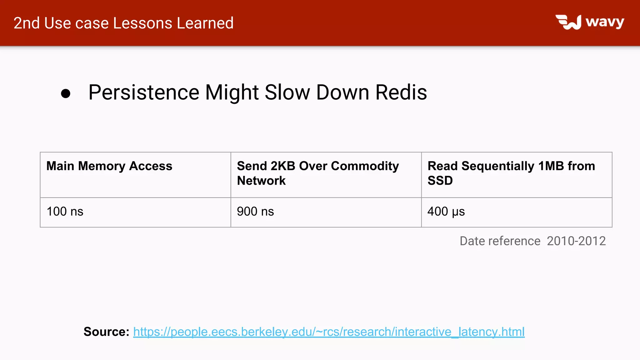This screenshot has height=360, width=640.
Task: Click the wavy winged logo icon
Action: pyautogui.click(x=568, y=22)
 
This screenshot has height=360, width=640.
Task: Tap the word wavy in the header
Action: pyautogui.click(x=605, y=22)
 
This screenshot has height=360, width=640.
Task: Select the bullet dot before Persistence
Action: pyautogui.click(x=66, y=93)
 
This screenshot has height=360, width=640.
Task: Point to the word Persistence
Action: pyautogui.click(x=144, y=92)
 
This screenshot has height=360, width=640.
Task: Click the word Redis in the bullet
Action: pyautogui.click(x=401, y=92)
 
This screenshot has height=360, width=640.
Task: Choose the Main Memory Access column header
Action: pyautogui.click(x=109, y=166)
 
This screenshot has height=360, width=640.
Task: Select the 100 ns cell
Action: pyautogui.click(x=65, y=212)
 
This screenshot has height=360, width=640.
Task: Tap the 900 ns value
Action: pyautogui.click(x=255, y=212)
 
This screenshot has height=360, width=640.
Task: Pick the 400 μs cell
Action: pyautogui.click(x=446, y=212)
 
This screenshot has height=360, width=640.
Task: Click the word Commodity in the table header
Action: pyautogui.click(x=365, y=166)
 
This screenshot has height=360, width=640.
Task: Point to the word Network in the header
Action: pyautogui.click(x=261, y=181)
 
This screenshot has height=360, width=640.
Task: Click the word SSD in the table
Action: pyautogui.click(x=440, y=181)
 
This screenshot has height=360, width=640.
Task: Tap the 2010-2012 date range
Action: pyautogui.click(x=576, y=241)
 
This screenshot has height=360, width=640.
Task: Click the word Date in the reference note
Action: pyautogui.click(x=472, y=241)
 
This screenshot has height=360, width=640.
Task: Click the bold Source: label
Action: pyautogui.click(x=106, y=332)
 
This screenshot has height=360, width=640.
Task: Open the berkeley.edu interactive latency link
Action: pyautogui.click(x=329, y=332)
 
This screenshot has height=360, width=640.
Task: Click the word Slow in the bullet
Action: pyautogui.click(x=287, y=92)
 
